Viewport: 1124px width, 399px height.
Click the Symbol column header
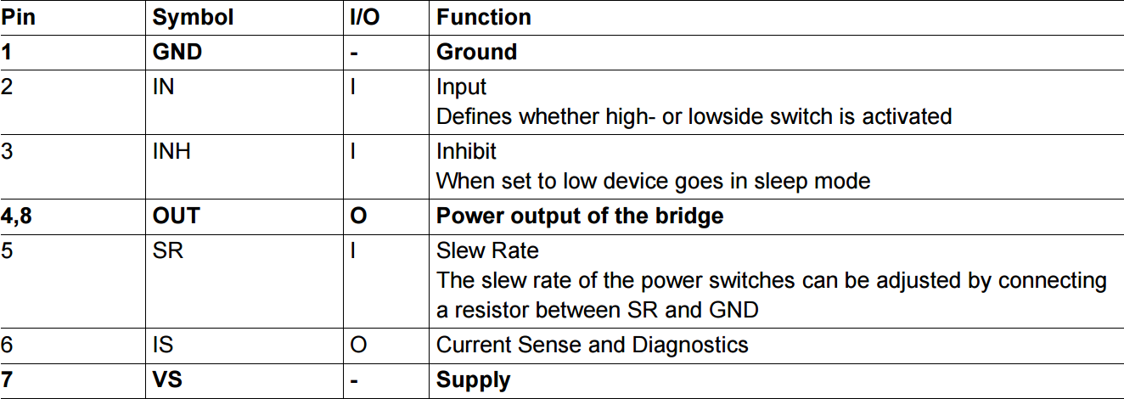[193, 17]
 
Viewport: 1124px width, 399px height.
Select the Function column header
[483, 17]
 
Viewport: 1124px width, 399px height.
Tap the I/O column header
[365, 17]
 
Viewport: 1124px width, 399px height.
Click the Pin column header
[19, 17]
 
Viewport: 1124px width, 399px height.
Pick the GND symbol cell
[177, 52]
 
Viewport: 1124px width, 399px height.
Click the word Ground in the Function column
[476, 52]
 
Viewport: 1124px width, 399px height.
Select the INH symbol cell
[171, 152]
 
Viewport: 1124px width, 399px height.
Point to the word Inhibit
[466, 152]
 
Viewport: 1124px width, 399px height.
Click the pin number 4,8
[18, 216]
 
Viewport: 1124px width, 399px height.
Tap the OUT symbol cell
[176, 216]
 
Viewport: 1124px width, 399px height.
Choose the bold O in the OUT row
[358, 216]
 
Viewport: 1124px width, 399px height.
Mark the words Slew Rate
[487, 251]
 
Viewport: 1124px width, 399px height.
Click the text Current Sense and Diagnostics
[592, 345]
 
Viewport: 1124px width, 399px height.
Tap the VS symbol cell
[166, 379]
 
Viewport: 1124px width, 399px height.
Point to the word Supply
[473, 380]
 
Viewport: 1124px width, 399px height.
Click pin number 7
[7, 379]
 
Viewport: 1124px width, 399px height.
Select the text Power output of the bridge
[579, 216]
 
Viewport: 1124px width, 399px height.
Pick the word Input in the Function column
[461, 87]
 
